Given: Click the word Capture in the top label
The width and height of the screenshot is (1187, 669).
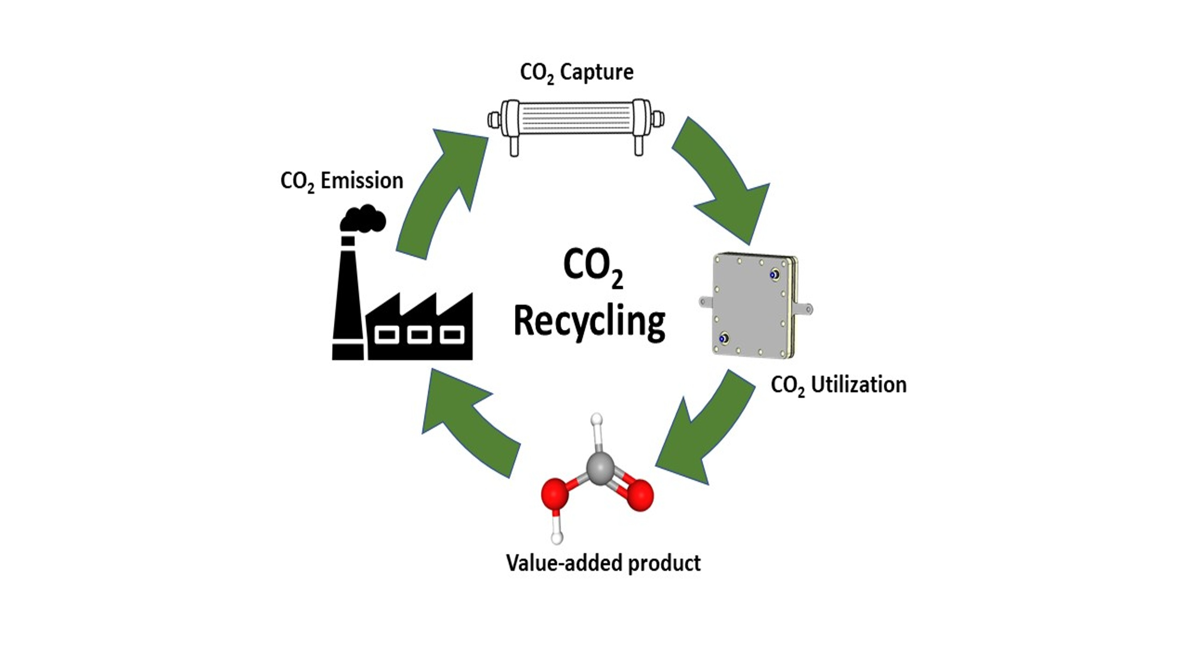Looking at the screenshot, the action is (x=597, y=72).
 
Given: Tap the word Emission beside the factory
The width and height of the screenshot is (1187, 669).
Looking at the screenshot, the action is (x=362, y=180).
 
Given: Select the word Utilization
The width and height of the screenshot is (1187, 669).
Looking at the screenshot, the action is (x=859, y=385).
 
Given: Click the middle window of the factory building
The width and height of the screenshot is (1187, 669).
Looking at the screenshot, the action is (x=419, y=335).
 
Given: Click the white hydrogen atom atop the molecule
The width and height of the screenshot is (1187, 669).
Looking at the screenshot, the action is (x=597, y=419).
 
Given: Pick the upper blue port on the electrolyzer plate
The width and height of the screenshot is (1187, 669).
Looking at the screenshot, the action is (x=774, y=275).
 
